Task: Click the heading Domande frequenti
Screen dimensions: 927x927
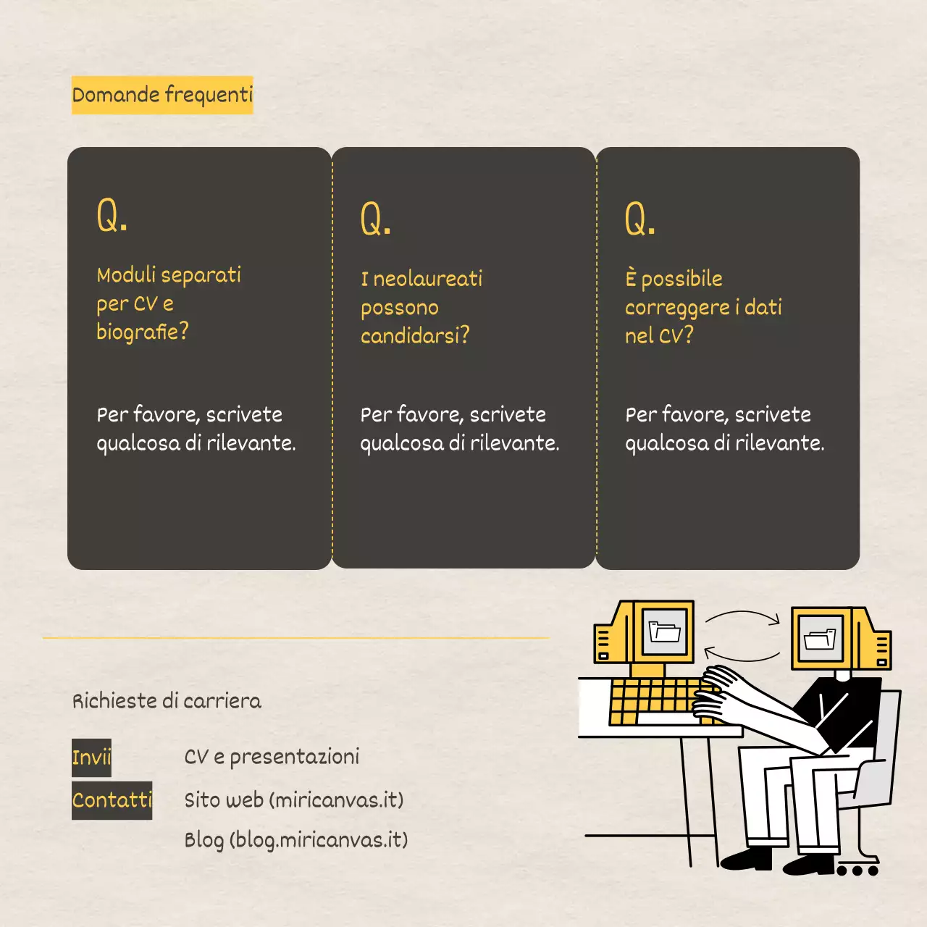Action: (162, 95)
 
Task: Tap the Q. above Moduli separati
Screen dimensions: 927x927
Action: (112, 215)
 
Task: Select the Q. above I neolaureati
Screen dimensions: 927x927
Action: (376, 219)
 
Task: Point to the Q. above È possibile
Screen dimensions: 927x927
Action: (640, 219)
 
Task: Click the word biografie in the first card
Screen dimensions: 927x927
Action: (138, 332)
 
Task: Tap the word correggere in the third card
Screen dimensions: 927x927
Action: (677, 308)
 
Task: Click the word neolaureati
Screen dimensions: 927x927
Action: (427, 279)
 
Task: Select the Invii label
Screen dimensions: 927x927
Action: (91, 758)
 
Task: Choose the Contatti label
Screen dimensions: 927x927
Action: (112, 800)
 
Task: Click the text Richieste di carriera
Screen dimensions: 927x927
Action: (167, 701)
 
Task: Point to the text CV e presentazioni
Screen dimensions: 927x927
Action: (272, 757)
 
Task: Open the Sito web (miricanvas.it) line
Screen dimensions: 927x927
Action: (293, 800)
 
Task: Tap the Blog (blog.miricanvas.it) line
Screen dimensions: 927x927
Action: (295, 840)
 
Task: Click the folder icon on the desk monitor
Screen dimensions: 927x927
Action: (665, 632)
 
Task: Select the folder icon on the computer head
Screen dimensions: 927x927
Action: (820, 639)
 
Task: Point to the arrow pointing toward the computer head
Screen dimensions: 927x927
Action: (742, 617)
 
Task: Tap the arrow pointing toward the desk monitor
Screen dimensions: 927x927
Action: (741, 655)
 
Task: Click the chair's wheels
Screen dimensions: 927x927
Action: (858, 869)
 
